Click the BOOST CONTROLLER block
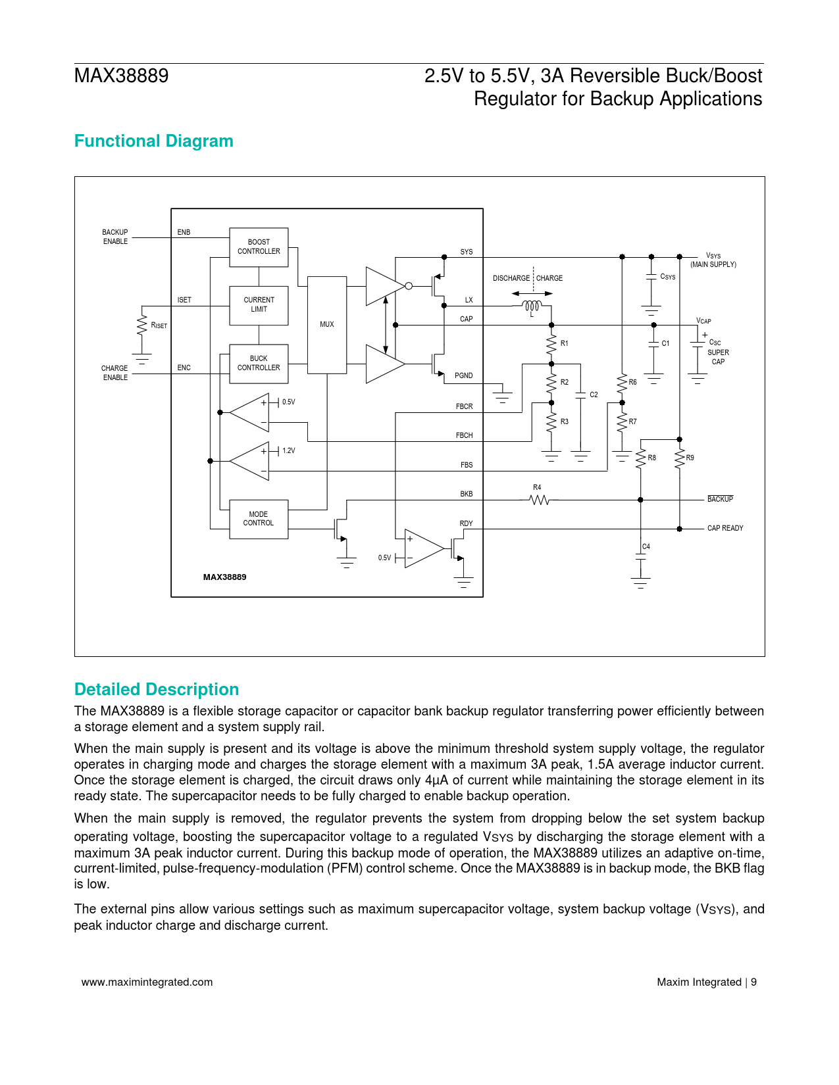tap(259, 247)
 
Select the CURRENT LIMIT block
tap(259, 305)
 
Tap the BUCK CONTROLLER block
tap(259, 364)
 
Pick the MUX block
tap(327, 325)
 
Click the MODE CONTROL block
tap(259, 519)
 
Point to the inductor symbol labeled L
tap(532, 306)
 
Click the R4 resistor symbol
tap(539, 500)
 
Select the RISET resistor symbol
tap(141, 325)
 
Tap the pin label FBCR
tap(464, 406)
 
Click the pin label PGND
tap(463, 375)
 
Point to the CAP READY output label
tap(725, 528)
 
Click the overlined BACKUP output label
tap(720, 500)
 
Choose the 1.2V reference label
tap(288, 451)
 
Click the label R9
tap(690, 458)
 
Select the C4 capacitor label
tap(646, 546)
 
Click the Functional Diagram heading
tap(153, 141)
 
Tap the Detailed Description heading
tap(157, 689)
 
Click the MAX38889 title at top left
tap(121, 76)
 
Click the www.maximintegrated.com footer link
tap(147, 982)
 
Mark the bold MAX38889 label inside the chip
tap(224, 577)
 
